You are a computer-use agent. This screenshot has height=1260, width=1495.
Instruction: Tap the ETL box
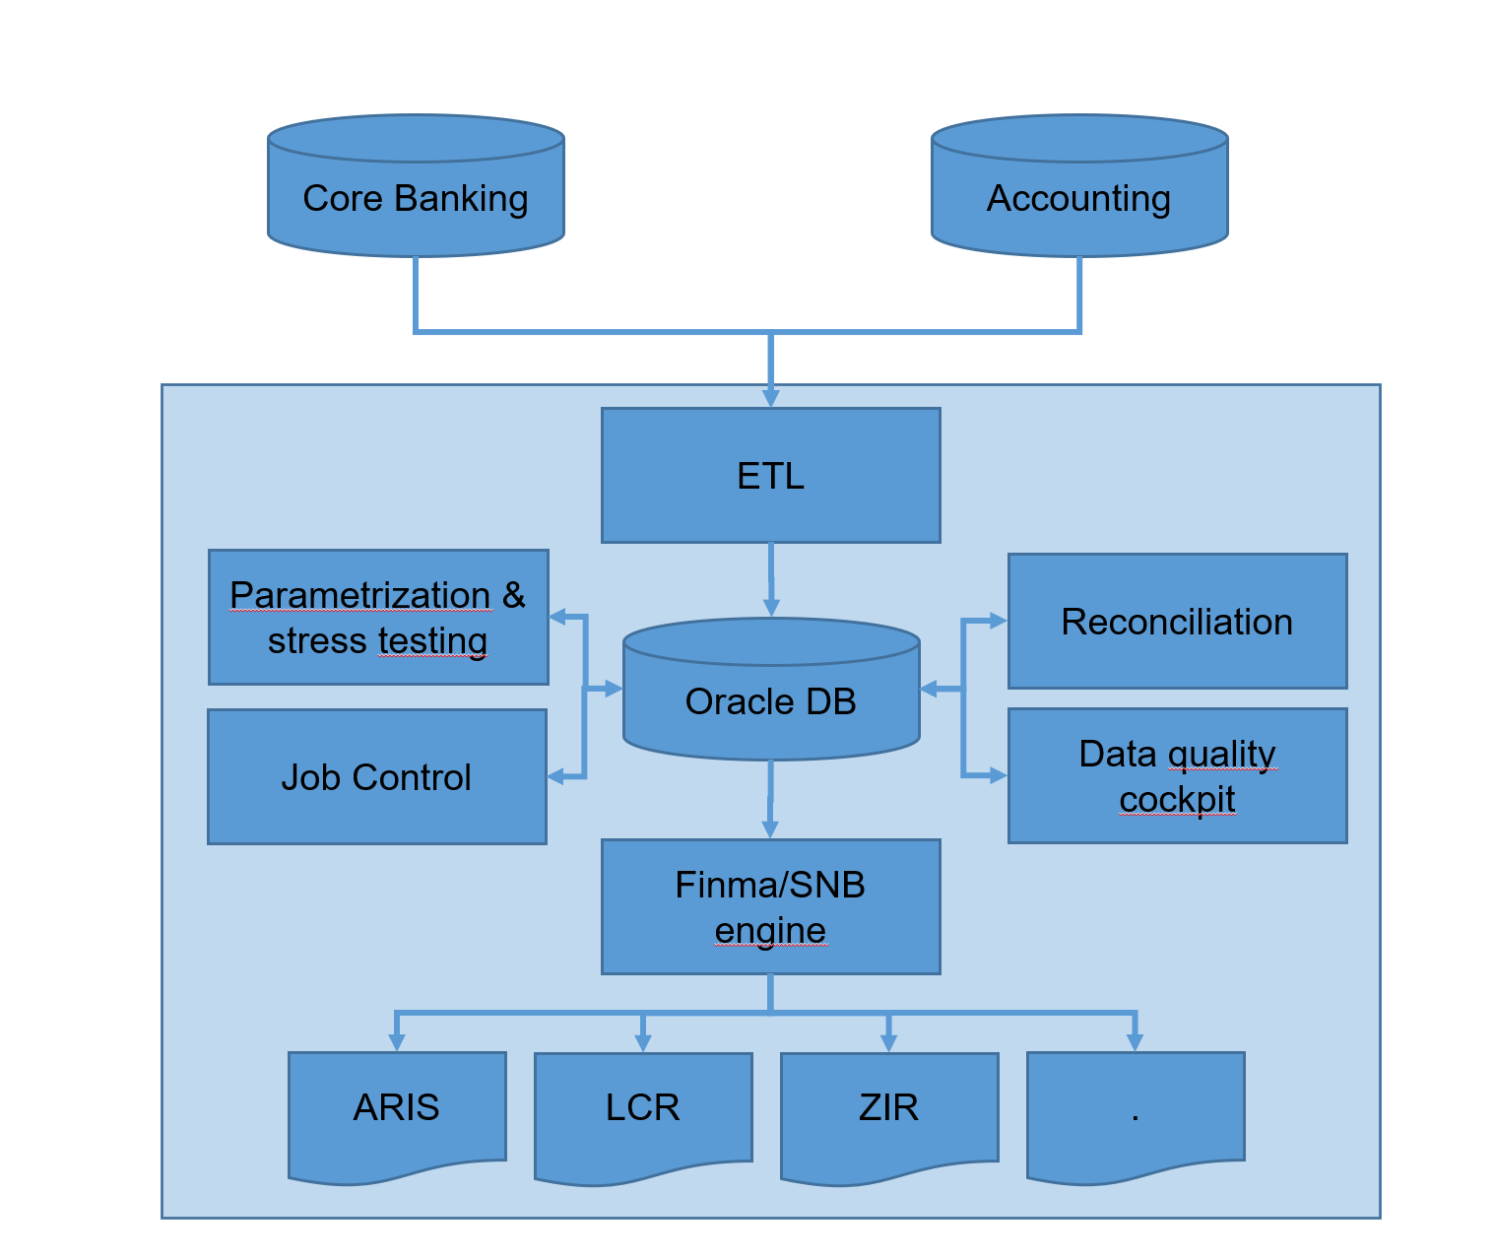pyautogui.click(x=771, y=476)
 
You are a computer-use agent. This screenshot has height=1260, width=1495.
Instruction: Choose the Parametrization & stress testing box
pyautogui.click(x=378, y=618)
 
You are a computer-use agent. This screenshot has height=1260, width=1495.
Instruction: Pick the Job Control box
pyautogui.click(x=377, y=777)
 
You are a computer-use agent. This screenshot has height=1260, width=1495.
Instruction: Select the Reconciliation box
pyautogui.click(x=1177, y=622)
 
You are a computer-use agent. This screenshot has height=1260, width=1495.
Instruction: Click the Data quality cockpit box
pyautogui.click(x=1177, y=776)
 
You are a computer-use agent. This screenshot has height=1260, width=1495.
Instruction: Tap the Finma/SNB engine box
pyautogui.click(x=771, y=907)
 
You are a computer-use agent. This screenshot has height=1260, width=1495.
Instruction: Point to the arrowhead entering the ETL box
pyautogui.click(x=771, y=398)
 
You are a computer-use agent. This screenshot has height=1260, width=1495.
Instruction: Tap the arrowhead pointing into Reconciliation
pyautogui.click(x=999, y=622)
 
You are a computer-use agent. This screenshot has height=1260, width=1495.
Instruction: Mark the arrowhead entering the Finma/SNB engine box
pyautogui.click(x=771, y=829)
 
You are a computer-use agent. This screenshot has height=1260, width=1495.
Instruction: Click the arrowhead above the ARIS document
pyautogui.click(x=397, y=1042)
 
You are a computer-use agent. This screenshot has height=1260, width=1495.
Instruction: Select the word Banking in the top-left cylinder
pyautogui.click(x=461, y=199)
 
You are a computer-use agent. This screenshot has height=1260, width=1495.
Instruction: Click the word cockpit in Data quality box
pyautogui.click(x=1177, y=799)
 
